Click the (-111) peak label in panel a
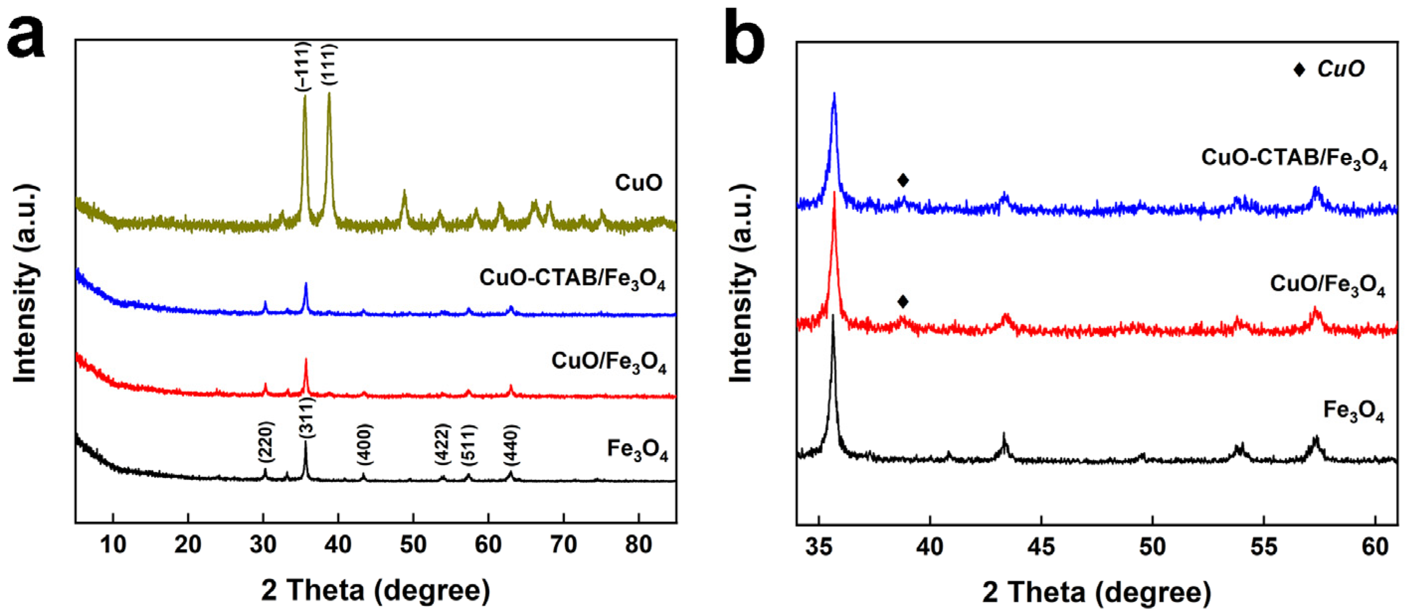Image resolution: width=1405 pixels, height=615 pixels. click(x=303, y=67)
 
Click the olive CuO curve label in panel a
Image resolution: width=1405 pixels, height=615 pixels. click(x=638, y=183)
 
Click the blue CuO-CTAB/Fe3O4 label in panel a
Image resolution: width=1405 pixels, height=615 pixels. click(x=572, y=279)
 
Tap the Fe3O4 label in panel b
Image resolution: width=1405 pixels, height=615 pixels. click(x=1353, y=412)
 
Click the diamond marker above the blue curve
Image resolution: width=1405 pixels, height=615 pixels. click(x=903, y=180)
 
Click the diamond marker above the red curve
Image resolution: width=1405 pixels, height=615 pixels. click(x=903, y=302)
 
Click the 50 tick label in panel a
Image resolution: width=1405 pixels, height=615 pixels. click(x=413, y=544)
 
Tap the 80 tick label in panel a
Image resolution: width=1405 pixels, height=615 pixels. click(x=638, y=544)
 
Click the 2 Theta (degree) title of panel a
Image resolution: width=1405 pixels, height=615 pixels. click(x=375, y=591)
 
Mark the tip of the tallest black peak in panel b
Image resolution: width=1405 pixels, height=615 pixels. click(x=833, y=315)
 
